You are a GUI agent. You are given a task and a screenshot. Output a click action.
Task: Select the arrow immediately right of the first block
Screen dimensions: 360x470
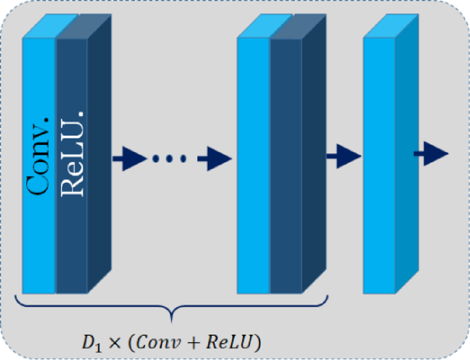click(x=129, y=159)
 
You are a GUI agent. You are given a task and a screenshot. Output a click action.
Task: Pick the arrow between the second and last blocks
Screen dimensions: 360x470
click(x=343, y=156)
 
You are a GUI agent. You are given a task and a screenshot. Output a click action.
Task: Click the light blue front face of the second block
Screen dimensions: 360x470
click(x=253, y=165)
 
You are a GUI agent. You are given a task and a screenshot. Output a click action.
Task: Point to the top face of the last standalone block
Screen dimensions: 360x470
click(x=389, y=25)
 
